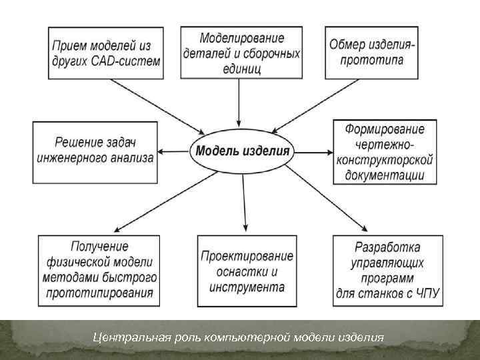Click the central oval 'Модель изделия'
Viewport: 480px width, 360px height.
[x=242, y=151]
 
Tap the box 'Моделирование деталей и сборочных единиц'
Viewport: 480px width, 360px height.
[x=242, y=52]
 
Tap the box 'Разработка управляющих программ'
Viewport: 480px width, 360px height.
[x=389, y=271]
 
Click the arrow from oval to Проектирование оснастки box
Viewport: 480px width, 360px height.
[x=245, y=200]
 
